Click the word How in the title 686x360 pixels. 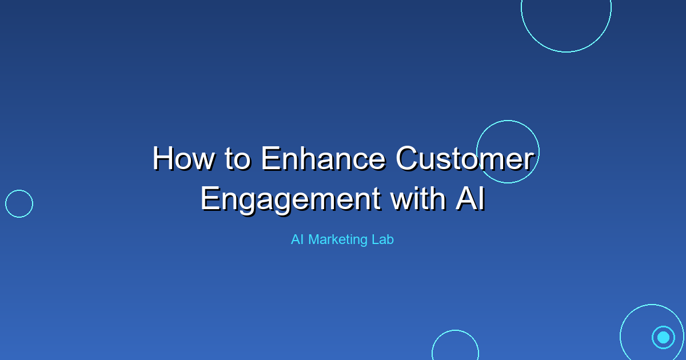point(182,159)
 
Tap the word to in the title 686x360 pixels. point(235,159)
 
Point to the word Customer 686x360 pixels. point(465,159)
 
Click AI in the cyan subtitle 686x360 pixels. point(297,240)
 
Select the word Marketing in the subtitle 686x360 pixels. point(338,240)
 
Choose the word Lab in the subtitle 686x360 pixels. point(383,240)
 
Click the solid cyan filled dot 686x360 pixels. point(663,337)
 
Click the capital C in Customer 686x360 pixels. point(409,159)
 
